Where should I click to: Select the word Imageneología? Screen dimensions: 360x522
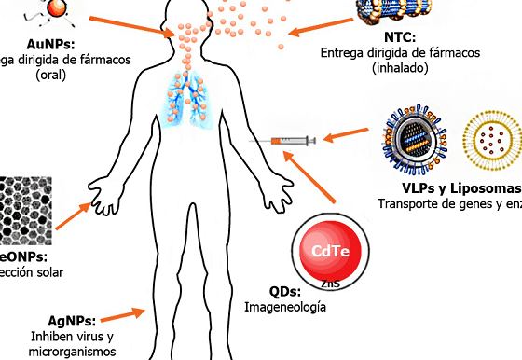pos(285,306)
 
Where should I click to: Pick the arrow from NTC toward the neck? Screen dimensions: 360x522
pos(312,29)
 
